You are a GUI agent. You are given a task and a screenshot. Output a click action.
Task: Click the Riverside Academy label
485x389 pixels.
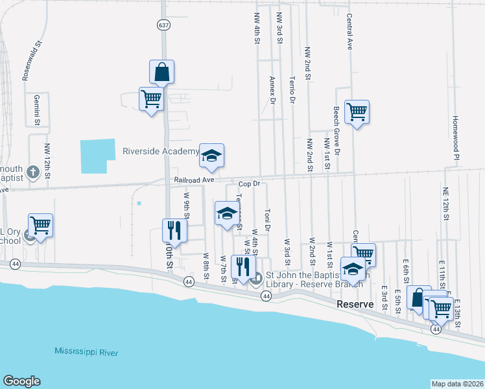click(x=161, y=152)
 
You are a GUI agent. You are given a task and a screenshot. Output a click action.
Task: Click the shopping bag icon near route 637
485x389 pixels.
click(x=162, y=72)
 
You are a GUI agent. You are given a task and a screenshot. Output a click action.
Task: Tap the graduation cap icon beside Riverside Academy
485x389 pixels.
click(x=211, y=156)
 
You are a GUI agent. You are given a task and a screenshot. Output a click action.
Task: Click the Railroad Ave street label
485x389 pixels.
click(x=193, y=180)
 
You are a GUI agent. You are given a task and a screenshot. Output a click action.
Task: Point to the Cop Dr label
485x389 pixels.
click(x=247, y=184)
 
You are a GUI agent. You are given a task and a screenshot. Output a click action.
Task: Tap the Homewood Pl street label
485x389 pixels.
click(x=456, y=138)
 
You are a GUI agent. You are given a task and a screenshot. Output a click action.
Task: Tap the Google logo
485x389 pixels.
click(x=21, y=381)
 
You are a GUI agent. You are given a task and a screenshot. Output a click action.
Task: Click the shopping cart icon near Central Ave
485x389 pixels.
click(x=357, y=112)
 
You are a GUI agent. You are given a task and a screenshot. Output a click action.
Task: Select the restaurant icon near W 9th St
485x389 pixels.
click(x=174, y=229)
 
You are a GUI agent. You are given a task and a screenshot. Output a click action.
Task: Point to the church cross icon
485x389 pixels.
click(x=33, y=173)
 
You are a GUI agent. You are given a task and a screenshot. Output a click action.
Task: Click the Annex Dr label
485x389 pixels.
click(x=272, y=89)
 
